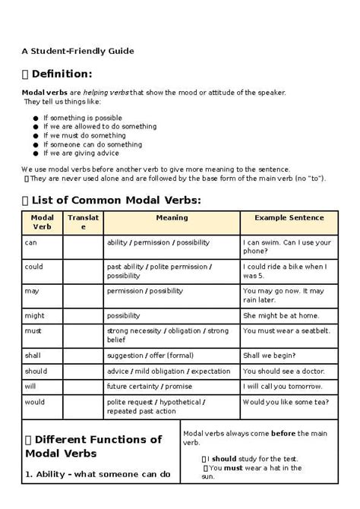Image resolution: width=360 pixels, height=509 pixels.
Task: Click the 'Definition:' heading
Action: click(x=62, y=74)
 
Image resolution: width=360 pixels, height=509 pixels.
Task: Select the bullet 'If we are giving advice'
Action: click(x=83, y=152)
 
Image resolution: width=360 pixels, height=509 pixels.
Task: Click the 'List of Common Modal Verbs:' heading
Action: click(x=117, y=200)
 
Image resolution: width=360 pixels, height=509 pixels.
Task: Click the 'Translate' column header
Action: click(x=83, y=222)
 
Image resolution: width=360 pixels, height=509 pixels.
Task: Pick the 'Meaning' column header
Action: click(x=172, y=218)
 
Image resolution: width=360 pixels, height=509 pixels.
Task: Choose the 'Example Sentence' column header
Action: click(x=289, y=218)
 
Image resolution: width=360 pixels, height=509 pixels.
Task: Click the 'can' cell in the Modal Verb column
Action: click(x=31, y=242)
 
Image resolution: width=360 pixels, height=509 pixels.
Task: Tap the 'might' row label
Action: click(x=35, y=315)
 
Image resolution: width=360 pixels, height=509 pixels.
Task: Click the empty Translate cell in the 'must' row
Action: click(x=83, y=335)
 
